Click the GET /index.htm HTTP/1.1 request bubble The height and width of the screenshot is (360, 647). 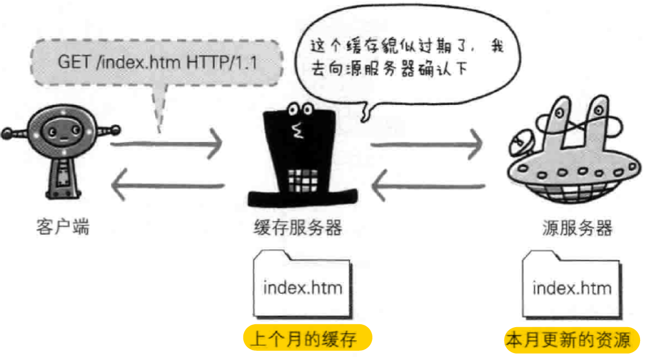click(157, 62)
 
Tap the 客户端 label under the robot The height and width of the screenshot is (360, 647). click(63, 227)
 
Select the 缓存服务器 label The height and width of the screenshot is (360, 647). click(298, 227)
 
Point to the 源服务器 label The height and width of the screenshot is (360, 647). click(577, 227)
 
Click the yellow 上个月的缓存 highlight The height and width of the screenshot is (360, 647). click(307, 339)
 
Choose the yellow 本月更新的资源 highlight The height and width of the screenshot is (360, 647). click(572, 340)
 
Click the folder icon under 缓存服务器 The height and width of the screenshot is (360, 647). click(302, 284)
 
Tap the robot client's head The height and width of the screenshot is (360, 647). click(60, 133)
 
